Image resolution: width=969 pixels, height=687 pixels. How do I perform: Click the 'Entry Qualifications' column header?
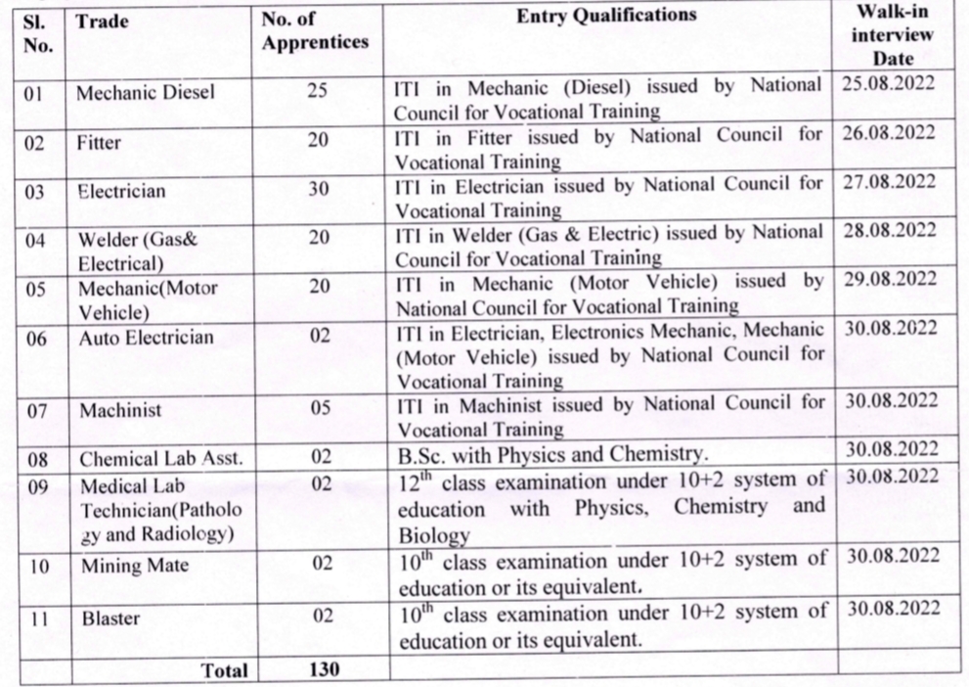(606, 16)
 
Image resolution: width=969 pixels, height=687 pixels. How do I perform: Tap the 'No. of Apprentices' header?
(316, 31)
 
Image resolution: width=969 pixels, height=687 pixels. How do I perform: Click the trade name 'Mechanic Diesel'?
(146, 94)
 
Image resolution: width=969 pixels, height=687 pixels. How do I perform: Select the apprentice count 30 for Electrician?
(319, 190)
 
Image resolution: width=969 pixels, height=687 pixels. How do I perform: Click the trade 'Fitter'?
(99, 142)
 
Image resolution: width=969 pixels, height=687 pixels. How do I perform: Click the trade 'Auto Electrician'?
(146, 339)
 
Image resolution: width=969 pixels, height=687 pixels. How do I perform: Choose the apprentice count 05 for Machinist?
(320, 409)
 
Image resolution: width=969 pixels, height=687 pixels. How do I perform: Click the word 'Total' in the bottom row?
(223, 670)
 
